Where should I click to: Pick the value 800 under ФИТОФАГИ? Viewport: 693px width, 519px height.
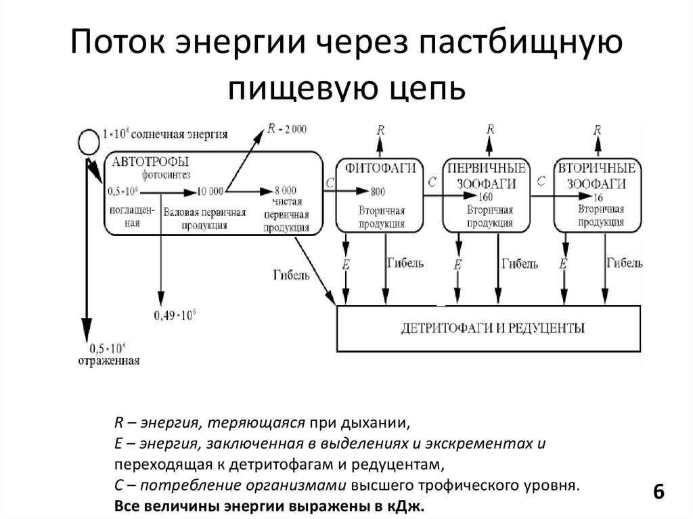pos(378,190)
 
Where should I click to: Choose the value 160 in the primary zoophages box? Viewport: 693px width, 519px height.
pos(485,198)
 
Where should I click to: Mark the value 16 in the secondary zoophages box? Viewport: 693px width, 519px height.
pos(598,197)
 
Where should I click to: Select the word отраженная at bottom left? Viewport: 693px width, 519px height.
pos(108,361)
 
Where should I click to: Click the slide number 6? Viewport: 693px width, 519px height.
pos(657,492)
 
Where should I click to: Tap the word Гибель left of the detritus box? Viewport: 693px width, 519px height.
pos(292,275)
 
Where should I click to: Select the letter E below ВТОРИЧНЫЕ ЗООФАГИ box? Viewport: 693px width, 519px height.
pos(562,265)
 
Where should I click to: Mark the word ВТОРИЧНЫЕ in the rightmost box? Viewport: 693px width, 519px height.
pos(596,167)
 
